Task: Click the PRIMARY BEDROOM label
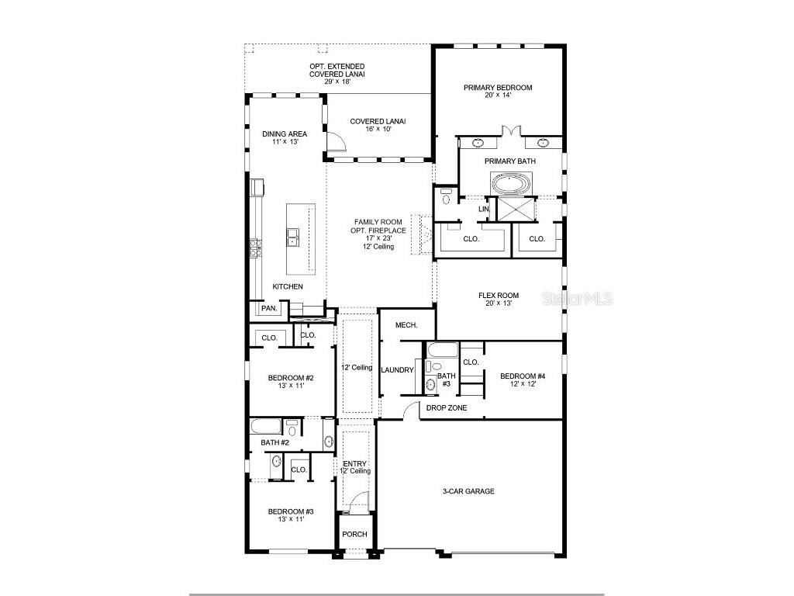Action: coord(498,88)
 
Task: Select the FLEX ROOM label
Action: coord(499,296)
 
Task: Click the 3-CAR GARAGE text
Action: coord(468,491)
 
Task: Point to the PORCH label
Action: coord(355,534)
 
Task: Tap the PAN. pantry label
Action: coord(268,308)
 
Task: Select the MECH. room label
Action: coord(406,325)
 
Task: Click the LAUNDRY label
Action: coord(397,370)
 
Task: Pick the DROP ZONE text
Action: coord(447,407)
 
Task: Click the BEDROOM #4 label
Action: coord(522,376)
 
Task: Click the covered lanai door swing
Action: coord(337,140)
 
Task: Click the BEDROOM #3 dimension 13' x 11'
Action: coord(291,520)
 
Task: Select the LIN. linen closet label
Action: coord(485,210)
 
